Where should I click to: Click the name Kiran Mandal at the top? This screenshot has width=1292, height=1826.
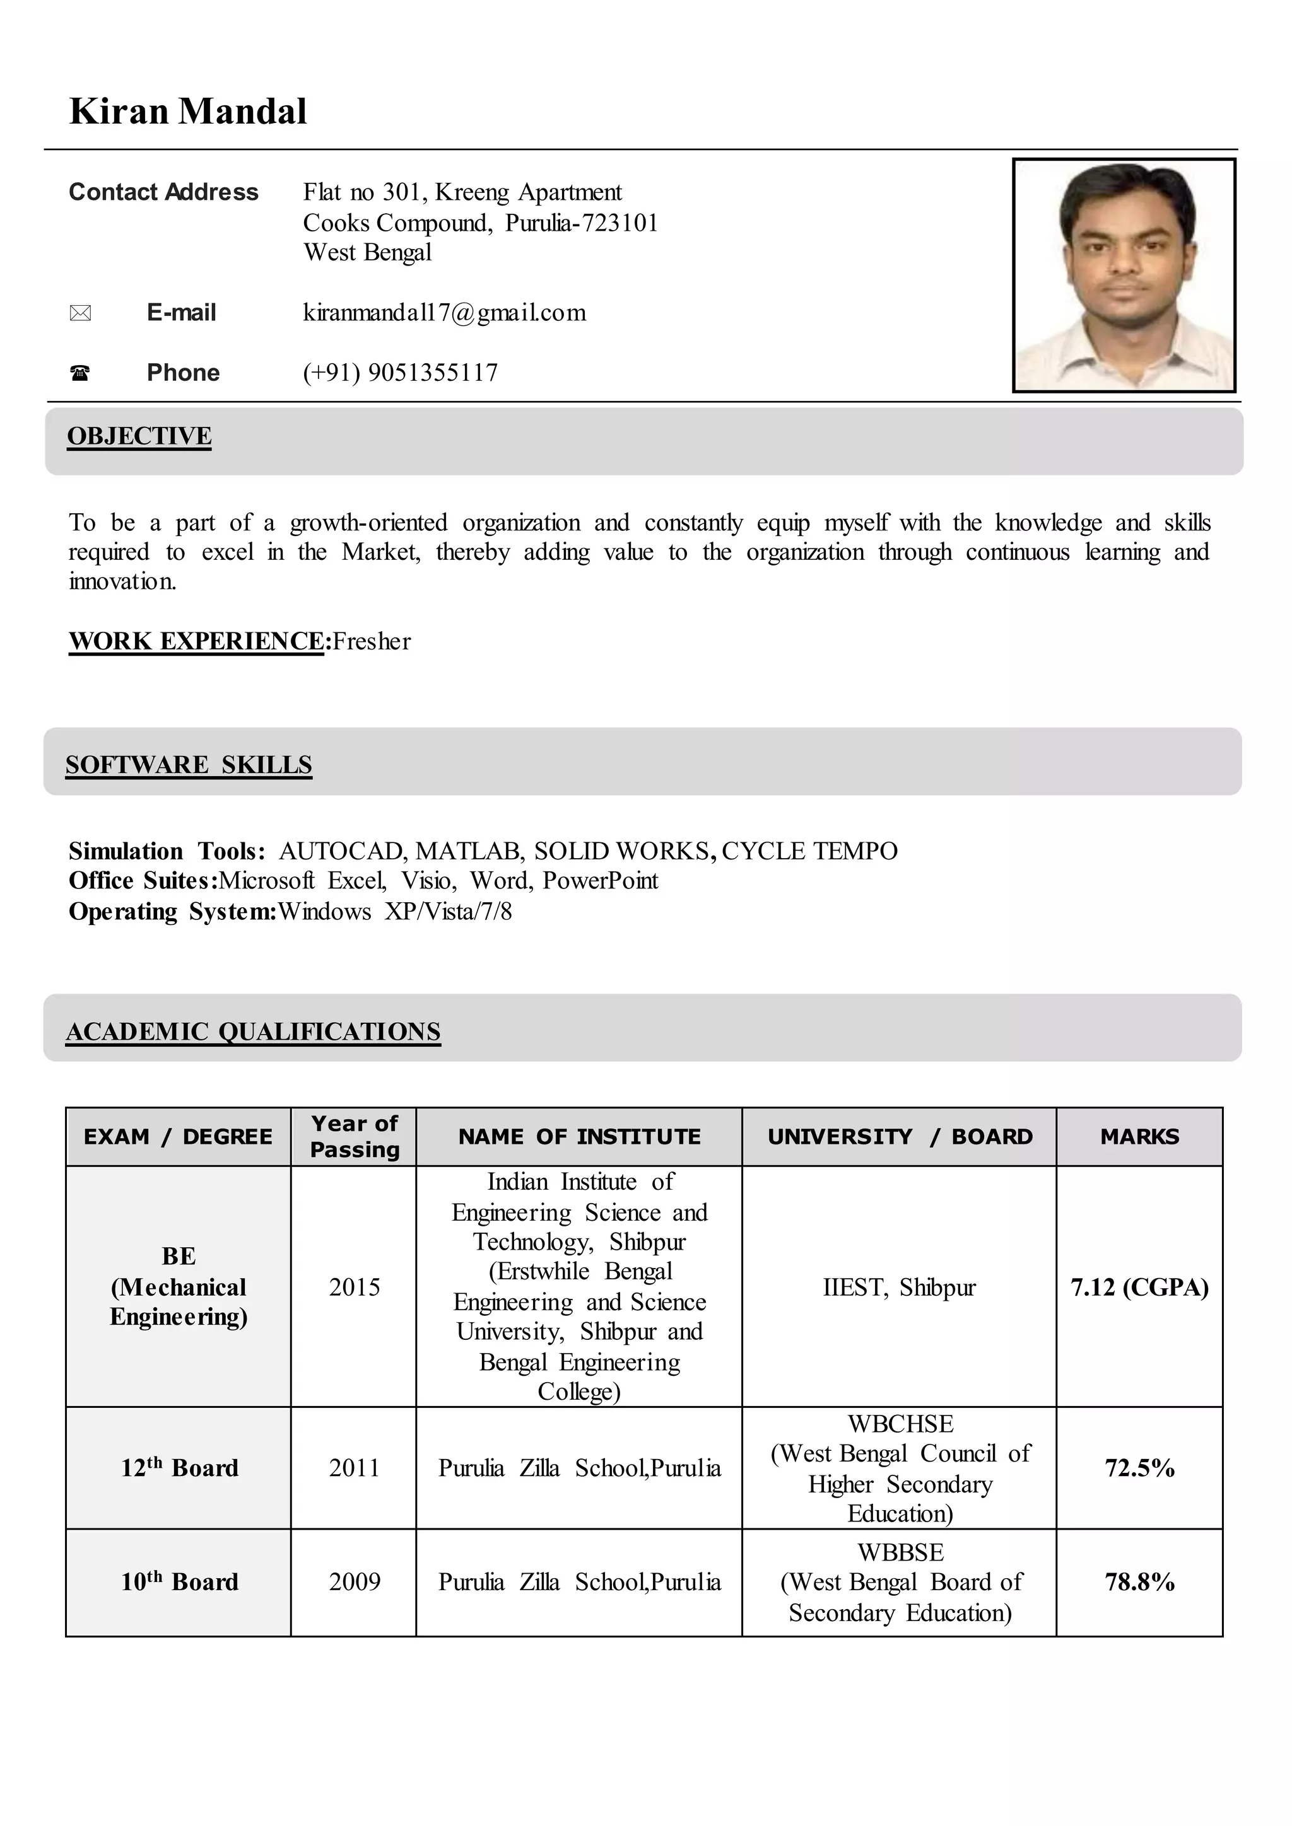pyautogui.click(x=188, y=112)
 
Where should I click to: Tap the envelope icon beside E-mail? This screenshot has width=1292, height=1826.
pyautogui.click(x=80, y=313)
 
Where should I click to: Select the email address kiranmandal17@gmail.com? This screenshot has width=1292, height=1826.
pyautogui.click(x=444, y=313)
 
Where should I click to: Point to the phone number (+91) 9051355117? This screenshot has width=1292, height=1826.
pyautogui.click(x=400, y=372)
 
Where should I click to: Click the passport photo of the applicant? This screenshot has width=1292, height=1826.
pyautogui.click(x=1124, y=275)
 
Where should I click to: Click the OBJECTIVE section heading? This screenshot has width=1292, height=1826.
pyautogui.click(x=139, y=436)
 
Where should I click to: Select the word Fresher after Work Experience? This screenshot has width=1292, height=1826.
pyautogui.click(x=372, y=641)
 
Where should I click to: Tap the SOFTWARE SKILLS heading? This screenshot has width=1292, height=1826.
pyautogui.click(x=189, y=764)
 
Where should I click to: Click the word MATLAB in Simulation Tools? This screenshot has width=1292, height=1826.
pyautogui.click(x=469, y=851)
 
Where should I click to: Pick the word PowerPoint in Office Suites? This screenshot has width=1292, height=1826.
pyautogui.click(x=600, y=880)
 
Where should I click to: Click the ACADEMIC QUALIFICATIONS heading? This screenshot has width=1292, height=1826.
pyautogui.click(x=253, y=1031)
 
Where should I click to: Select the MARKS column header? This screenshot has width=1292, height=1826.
pyautogui.click(x=1139, y=1136)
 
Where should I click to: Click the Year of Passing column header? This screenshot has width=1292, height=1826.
pyautogui.click(x=354, y=1136)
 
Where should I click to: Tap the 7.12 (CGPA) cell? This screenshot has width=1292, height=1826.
pyautogui.click(x=1139, y=1287)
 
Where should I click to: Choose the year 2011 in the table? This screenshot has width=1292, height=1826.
pyautogui.click(x=354, y=1467)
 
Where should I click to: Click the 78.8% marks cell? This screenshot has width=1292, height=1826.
pyautogui.click(x=1139, y=1581)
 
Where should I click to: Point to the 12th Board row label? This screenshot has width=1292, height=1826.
pyautogui.click(x=179, y=1467)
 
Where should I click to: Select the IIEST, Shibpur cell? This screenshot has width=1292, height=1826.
pyautogui.click(x=899, y=1287)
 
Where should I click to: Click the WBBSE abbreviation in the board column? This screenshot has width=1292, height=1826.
pyautogui.click(x=901, y=1552)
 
